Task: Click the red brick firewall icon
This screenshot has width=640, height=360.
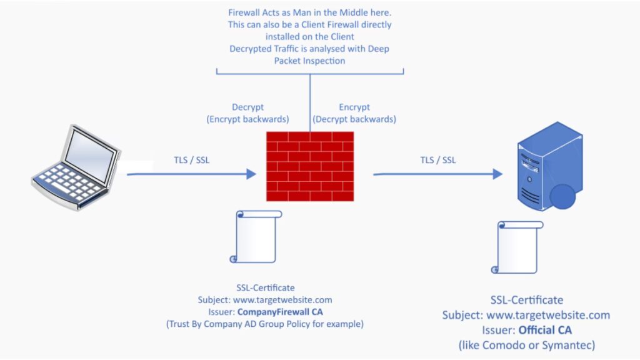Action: click(x=309, y=166)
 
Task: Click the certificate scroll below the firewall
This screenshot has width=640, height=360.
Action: click(x=256, y=237)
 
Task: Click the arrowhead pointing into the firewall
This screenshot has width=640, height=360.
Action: click(x=251, y=174)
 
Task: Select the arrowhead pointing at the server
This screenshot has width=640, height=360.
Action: click(x=497, y=174)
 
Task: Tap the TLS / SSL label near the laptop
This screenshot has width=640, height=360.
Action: click(x=192, y=160)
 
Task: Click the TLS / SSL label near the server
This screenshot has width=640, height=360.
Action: click(x=437, y=160)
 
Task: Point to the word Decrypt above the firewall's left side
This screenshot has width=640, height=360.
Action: click(x=249, y=107)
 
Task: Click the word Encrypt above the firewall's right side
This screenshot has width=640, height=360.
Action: click(x=354, y=107)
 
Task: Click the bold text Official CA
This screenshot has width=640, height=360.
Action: click(x=545, y=329)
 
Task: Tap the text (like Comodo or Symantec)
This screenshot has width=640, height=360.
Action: click(x=526, y=344)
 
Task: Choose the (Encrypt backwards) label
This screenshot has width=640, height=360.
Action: click(x=249, y=119)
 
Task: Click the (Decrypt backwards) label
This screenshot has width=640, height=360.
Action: click(x=354, y=119)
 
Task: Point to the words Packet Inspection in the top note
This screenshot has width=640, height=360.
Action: click(x=309, y=61)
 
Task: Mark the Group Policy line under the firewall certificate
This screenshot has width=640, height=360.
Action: click(x=264, y=324)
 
